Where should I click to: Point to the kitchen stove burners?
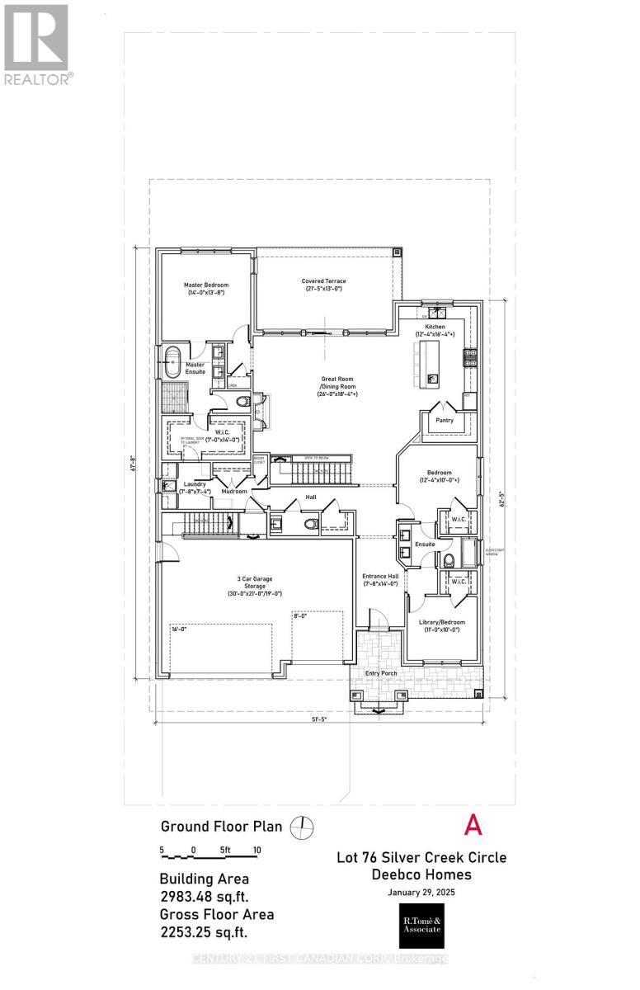point(470,357)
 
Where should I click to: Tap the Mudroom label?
point(235,491)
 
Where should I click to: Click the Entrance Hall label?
point(380,579)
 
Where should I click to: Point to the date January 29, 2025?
point(421,893)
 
